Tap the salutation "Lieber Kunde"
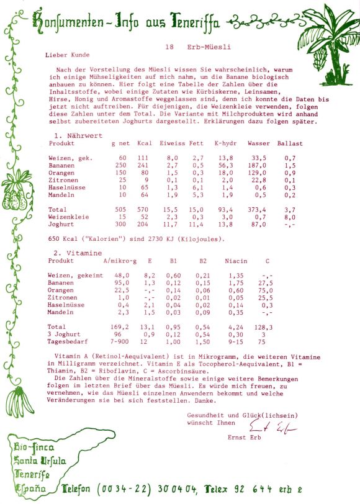[68, 55]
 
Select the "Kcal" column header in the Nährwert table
[145, 143]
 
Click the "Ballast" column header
[290, 143]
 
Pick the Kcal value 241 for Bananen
[143, 166]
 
